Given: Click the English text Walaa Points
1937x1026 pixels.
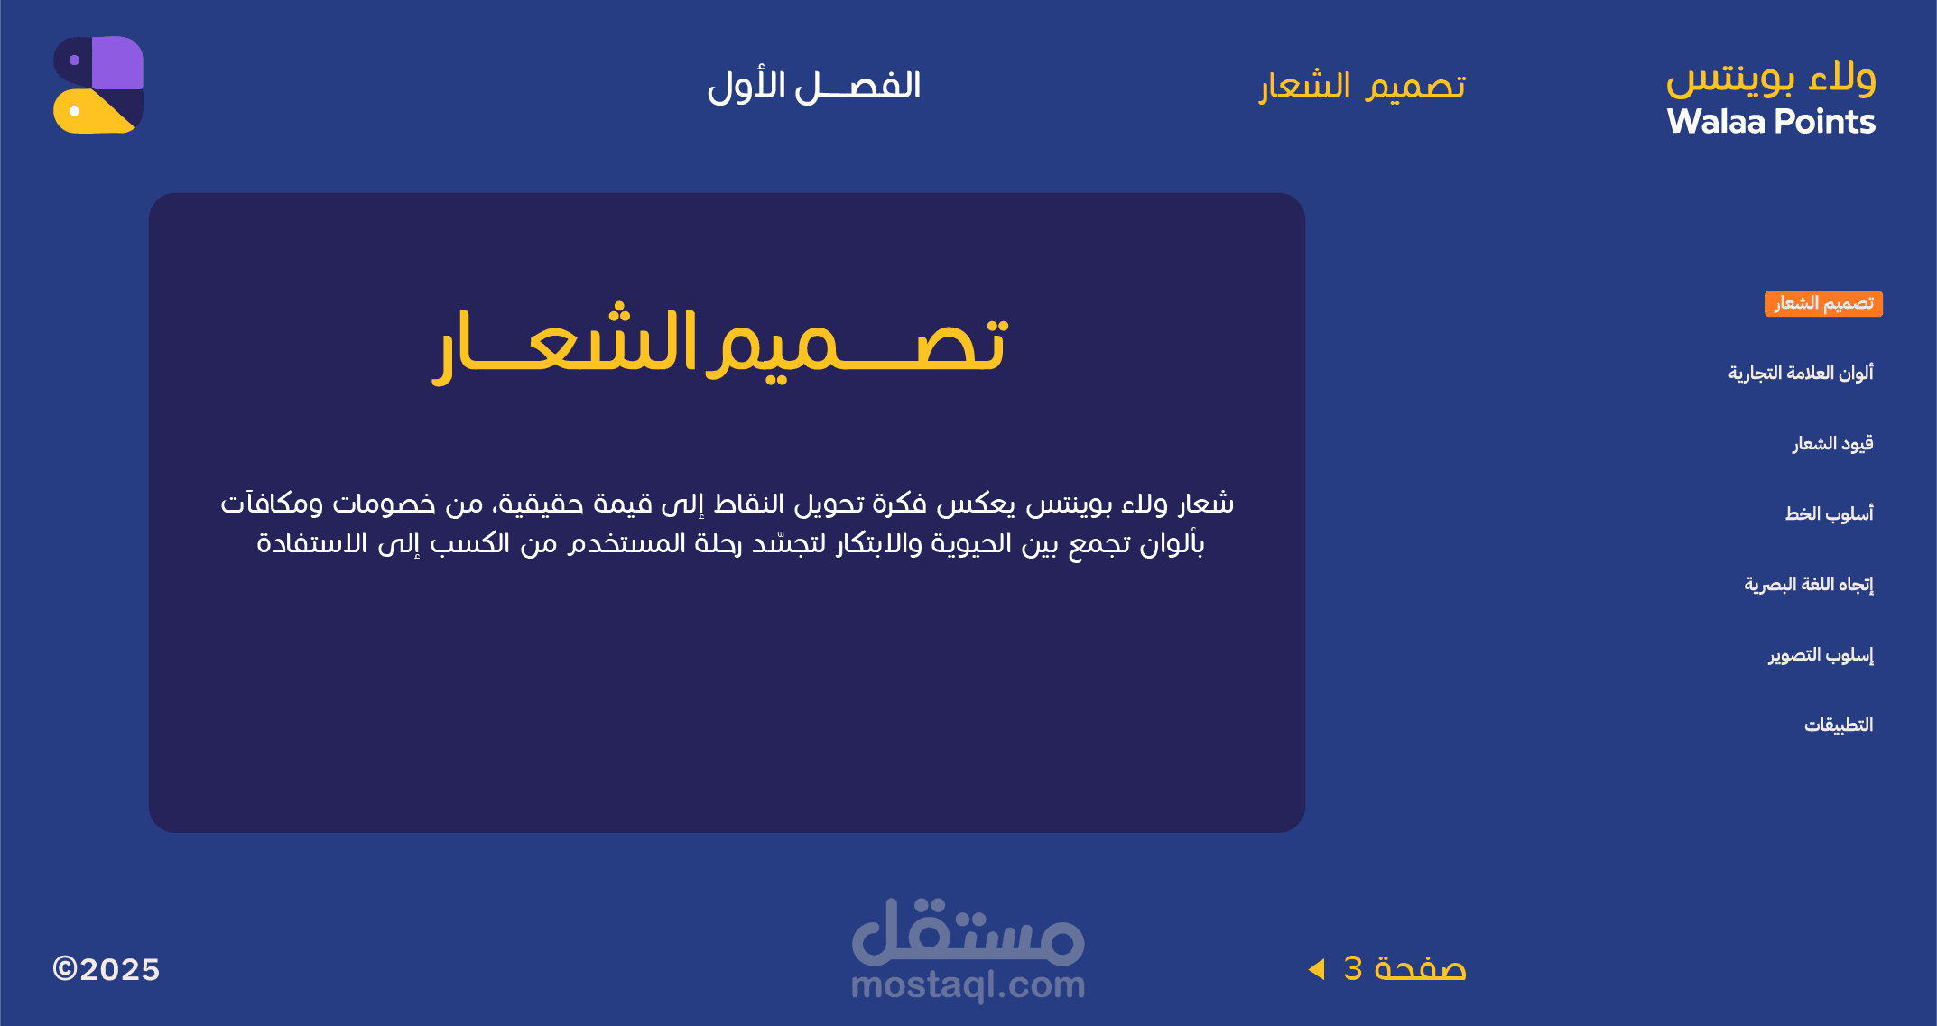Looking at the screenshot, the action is tap(1771, 122).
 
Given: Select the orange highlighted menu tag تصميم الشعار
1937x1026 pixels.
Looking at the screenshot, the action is tap(1823, 303).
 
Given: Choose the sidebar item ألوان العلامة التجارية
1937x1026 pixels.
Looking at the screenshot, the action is tap(1801, 373).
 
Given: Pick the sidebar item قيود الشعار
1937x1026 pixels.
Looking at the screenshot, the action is tap(1832, 443).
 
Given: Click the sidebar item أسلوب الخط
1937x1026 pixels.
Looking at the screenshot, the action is tap(1829, 513).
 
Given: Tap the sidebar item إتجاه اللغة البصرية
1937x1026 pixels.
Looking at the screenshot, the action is tap(1808, 585).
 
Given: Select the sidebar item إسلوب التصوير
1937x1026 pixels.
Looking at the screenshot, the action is tap(1821, 654).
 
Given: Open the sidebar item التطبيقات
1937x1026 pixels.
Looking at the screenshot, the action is tap(1839, 725).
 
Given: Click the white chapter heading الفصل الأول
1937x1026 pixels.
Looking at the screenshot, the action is tap(814, 87).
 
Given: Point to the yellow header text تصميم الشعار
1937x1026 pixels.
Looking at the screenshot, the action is tap(1363, 87).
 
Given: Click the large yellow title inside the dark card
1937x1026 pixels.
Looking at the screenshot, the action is tap(720, 343).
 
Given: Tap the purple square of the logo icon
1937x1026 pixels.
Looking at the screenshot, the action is tap(117, 62).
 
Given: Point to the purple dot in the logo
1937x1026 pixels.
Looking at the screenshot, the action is tap(75, 60).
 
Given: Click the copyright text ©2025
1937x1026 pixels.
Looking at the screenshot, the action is tap(107, 969).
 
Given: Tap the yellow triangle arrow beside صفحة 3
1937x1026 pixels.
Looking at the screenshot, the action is tap(1317, 969).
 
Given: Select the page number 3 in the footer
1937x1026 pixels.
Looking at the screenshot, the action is tap(1353, 968).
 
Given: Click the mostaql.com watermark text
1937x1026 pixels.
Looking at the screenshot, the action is tap(968, 985).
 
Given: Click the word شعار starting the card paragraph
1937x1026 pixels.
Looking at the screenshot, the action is tap(1206, 504).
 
